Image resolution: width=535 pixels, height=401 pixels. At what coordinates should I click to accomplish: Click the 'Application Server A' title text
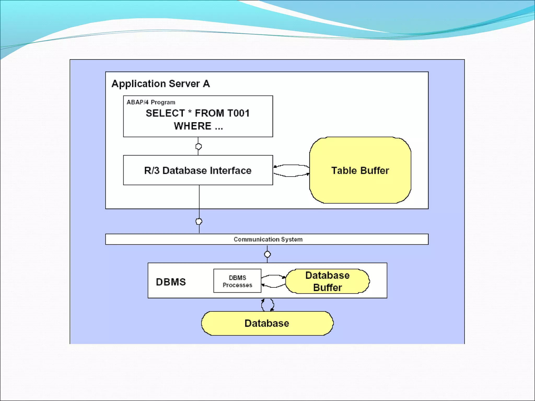(160, 84)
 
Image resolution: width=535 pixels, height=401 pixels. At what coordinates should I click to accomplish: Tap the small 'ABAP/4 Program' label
(151, 102)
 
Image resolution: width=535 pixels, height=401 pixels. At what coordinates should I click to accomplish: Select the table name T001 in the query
(238, 113)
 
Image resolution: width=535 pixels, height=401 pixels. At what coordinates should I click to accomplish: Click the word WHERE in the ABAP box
(193, 126)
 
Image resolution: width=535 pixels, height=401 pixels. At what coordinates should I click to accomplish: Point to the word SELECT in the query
(165, 113)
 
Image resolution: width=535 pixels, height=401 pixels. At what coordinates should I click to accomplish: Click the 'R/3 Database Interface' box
(198, 170)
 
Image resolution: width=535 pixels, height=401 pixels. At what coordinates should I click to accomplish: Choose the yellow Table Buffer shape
(360, 170)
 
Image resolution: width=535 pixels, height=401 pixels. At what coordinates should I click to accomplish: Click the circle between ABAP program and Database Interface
(199, 146)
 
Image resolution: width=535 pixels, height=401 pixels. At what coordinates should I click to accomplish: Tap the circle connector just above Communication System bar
(199, 222)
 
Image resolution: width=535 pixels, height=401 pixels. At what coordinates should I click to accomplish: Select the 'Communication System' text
(268, 239)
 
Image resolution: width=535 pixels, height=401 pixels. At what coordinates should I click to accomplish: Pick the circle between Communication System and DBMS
(267, 254)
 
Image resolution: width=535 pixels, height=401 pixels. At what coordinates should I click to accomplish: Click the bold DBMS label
(171, 282)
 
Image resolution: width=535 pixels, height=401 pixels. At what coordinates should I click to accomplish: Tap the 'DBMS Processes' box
(237, 281)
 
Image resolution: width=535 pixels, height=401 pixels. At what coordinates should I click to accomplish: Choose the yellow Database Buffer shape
(327, 281)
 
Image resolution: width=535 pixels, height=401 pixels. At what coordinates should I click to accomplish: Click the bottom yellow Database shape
(267, 323)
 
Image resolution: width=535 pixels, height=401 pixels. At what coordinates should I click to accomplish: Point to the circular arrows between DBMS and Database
(267, 305)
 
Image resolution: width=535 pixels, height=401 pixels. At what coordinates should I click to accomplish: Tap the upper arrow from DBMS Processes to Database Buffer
(273, 276)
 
